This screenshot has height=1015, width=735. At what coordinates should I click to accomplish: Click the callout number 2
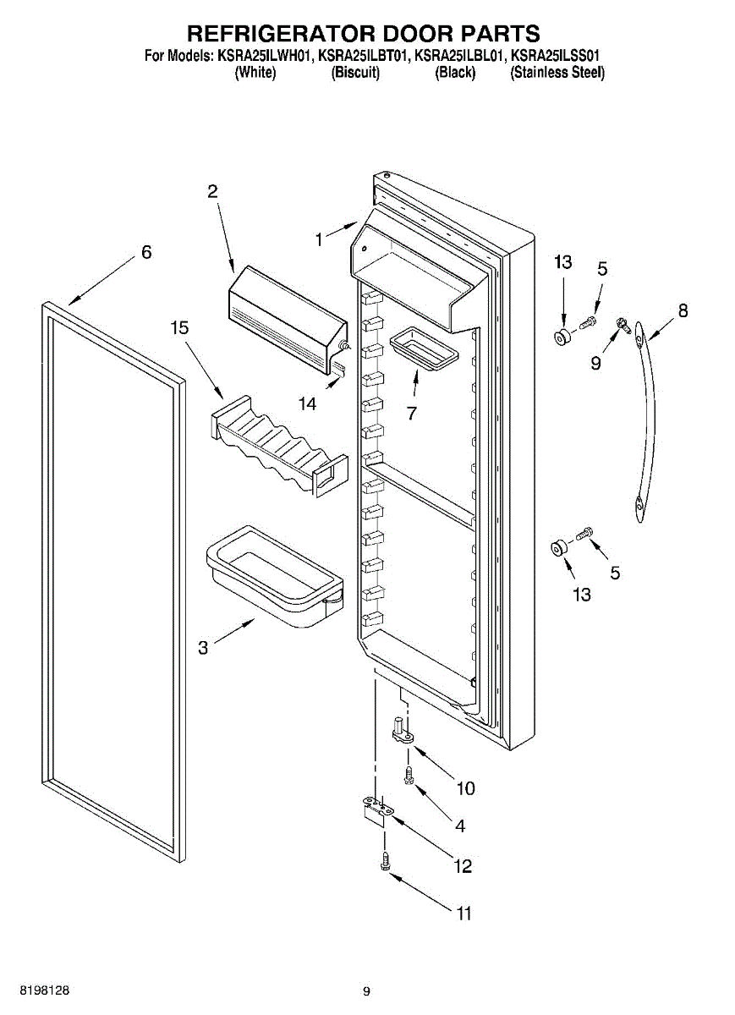212,192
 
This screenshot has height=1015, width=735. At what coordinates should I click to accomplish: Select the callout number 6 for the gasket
146,252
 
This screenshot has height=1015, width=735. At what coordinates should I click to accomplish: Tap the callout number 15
179,326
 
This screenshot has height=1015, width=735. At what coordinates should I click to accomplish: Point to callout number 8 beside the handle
683,310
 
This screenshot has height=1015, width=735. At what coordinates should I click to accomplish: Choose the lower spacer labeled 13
558,549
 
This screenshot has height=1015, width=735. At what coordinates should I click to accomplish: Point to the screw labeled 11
384,860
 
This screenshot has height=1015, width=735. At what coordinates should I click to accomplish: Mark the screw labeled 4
409,775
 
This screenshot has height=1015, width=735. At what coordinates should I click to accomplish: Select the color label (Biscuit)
355,73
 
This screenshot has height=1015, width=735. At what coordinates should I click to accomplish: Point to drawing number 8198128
34,990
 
